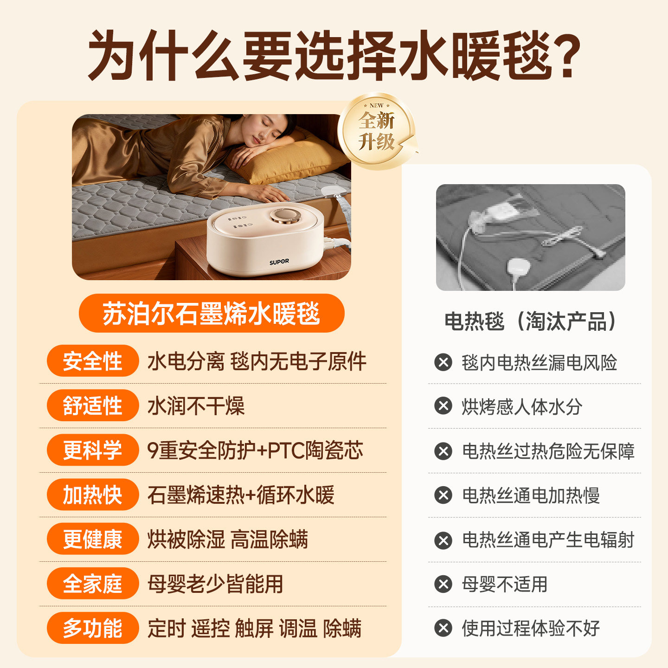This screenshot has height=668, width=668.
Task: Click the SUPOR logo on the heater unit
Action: (279, 262)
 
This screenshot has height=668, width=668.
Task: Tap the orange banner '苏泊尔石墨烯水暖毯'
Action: (212, 314)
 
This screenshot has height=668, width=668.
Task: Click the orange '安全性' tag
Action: (93, 361)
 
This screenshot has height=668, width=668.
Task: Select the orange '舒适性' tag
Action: (93, 405)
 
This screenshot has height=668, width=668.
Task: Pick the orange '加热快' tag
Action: (93, 495)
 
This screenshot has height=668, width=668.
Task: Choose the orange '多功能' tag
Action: (93, 628)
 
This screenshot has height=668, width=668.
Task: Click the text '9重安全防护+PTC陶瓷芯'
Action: (255, 450)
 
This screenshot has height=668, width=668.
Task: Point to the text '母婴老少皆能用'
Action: (215, 584)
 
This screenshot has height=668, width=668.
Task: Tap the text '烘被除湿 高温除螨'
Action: (227, 540)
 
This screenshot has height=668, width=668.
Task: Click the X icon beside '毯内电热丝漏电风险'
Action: (443, 362)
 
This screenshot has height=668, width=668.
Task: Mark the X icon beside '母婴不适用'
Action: (443, 584)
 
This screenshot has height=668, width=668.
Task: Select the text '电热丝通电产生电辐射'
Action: (548, 540)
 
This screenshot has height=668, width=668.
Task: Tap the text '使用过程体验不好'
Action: (531, 629)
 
